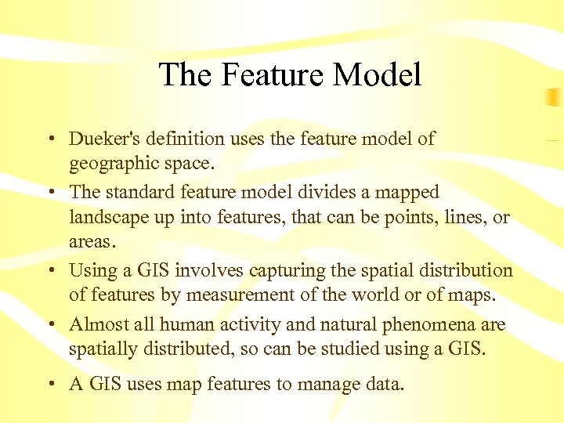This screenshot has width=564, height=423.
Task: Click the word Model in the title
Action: tap(378, 75)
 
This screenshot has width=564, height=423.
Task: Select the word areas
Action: tap(92, 242)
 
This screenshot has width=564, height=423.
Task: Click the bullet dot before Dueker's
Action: tap(49, 139)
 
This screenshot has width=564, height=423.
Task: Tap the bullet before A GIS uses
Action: tap(49, 385)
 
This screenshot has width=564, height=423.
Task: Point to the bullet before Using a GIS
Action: tap(49, 271)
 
